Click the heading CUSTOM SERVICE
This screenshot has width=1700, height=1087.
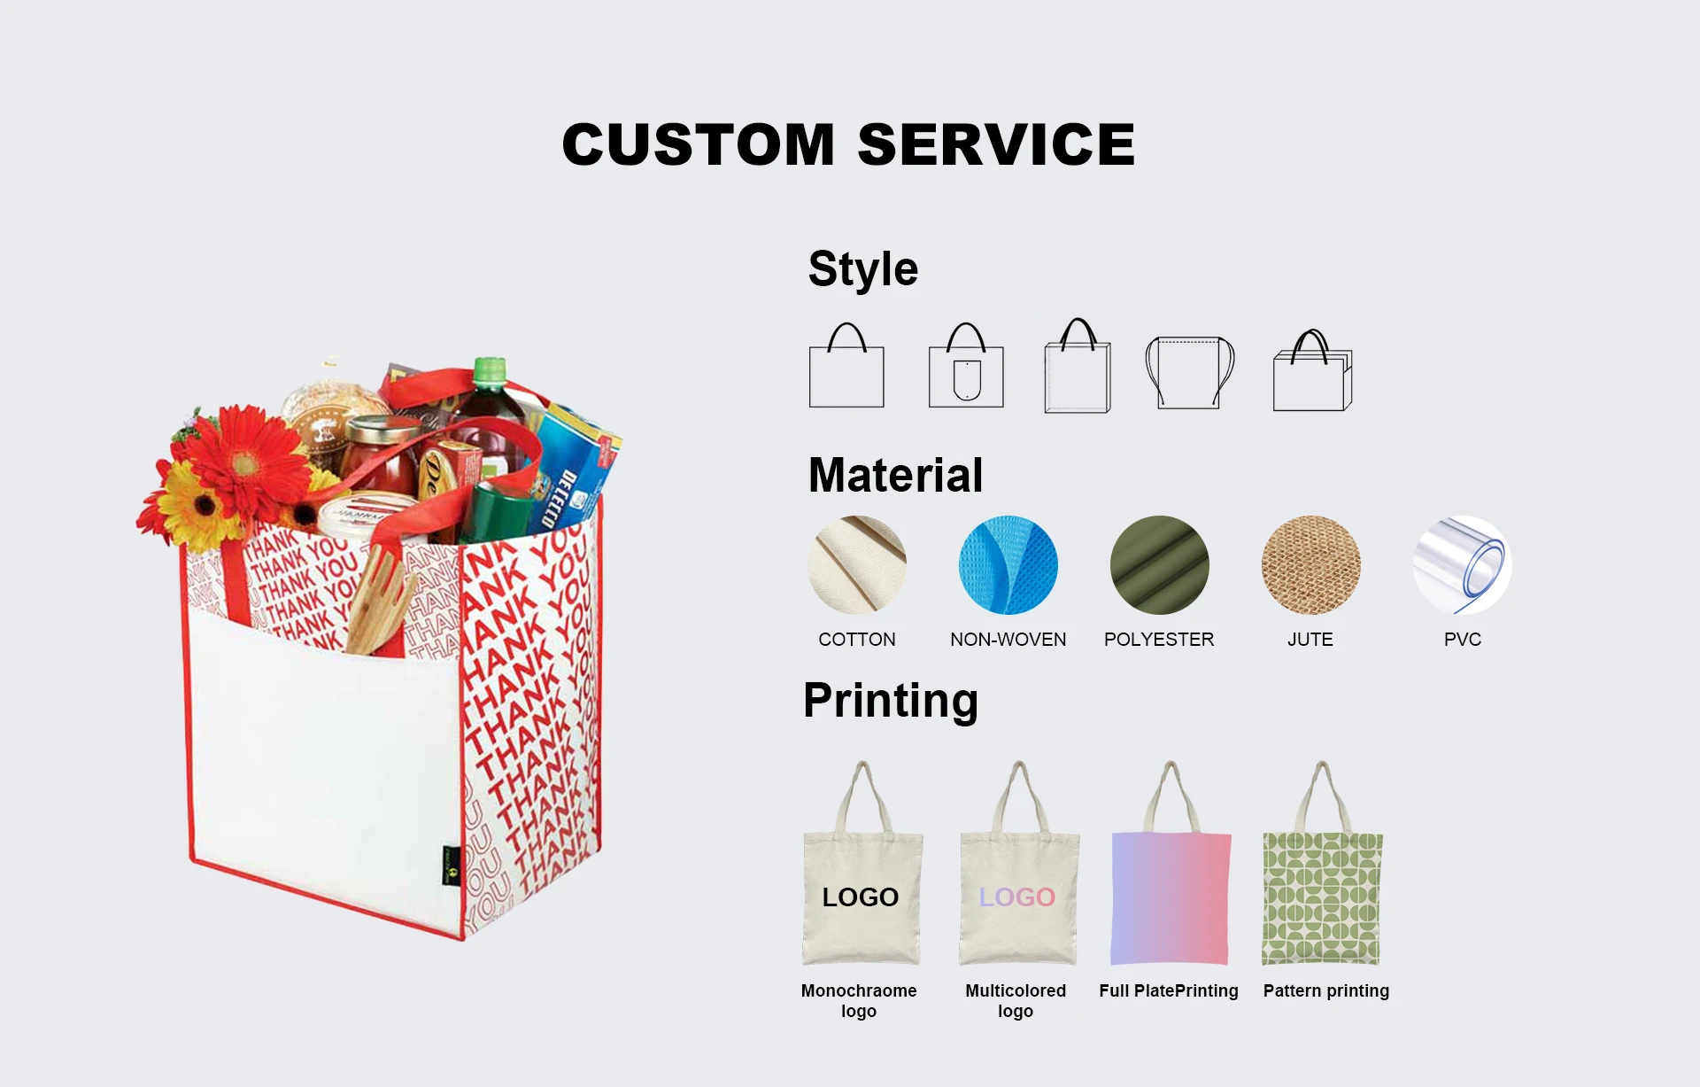tap(848, 144)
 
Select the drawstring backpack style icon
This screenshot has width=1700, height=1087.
tap(1189, 372)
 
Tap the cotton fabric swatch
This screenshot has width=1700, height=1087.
tap(857, 565)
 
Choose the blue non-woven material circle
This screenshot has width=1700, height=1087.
tap(1008, 565)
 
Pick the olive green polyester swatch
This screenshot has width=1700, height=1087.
tap(1160, 565)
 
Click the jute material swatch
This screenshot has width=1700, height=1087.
tap(1311, 565)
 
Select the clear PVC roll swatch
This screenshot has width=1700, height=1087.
tap(1463, 565)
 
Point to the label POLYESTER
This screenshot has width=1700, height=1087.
tap(1159, 640)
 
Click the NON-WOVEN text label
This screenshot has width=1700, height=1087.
tap(1008, 640)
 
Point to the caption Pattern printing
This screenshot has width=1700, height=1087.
tap(1326, 990)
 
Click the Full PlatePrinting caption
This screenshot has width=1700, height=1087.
tap(1169, 990)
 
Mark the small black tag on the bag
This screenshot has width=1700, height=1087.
tap(452, 866)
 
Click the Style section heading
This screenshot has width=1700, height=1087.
tap(863, 269)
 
